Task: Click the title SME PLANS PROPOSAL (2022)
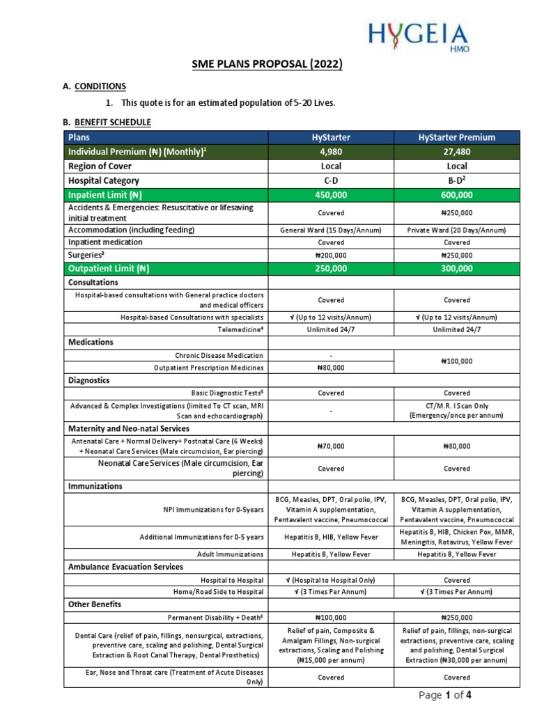[x=267, y=65]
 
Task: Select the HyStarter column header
[x=331, y=138]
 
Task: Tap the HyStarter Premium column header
[x=457, y=138]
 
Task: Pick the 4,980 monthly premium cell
[x=331, y=152]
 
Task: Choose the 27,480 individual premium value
[x=457, y=152]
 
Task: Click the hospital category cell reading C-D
[x=331, y=180]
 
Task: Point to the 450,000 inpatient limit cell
[x=331, y=195]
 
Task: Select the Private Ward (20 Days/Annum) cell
[x=457, y=230]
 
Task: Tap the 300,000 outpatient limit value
[x=457, y=269]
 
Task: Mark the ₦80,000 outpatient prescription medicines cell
[x=331, y=368]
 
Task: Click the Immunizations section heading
[x=95, y=485]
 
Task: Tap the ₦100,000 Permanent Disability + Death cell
[x=331, y=617]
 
